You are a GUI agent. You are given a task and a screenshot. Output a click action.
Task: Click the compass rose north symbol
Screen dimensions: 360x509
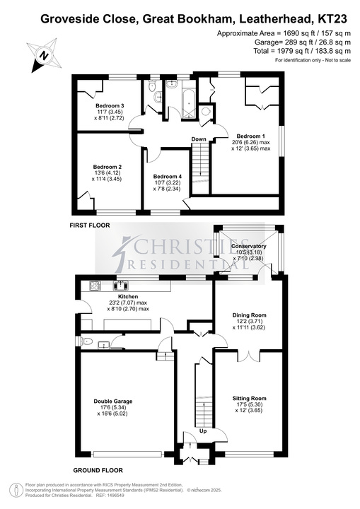click(x=44, y=56)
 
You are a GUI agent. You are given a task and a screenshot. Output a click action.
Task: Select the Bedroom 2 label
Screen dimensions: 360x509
click(x=107, y=167)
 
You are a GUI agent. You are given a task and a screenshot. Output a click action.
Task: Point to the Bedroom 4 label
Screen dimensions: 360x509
click(x=168, y=176)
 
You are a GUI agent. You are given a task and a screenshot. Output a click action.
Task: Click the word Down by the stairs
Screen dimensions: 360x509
click(x=199, y=139)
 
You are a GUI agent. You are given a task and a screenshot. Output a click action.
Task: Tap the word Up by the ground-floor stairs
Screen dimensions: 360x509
click(x=203, y=431)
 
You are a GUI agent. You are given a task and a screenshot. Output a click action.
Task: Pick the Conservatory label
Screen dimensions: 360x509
click(x=248, y=246)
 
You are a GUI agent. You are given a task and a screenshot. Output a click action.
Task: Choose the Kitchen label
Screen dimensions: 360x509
click(x=128, y=296)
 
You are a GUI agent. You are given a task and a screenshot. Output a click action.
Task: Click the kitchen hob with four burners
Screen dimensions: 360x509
click(x=95, y=286)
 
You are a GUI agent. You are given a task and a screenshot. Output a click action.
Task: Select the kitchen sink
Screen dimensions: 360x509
click(x=120, y=286)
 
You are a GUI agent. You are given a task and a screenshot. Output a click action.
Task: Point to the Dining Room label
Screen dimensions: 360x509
click(x=249, y=315)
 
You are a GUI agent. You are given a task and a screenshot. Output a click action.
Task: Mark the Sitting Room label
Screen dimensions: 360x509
click(x=249, y=398)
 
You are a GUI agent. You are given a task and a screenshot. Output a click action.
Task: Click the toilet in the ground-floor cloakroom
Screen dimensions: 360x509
click(x=86, y=341)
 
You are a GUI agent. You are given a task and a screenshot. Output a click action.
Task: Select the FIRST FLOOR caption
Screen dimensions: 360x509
click(x=90, y=225)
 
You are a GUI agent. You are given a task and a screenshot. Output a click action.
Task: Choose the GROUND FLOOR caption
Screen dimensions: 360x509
click(x=98, y=470)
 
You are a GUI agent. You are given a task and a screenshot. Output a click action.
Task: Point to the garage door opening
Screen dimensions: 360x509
click(x=127, y=454)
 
